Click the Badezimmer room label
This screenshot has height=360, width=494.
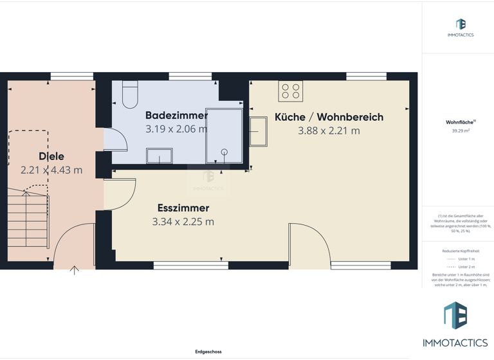pyautogui.click(x=176, y=116)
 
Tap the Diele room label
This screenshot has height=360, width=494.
pyautogui.click(x=51, y=156)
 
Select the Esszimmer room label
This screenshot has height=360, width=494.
pyautogui.click(x=183, y=208)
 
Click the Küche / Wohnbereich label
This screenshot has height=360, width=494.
pyautogui.click(x=329, y=117)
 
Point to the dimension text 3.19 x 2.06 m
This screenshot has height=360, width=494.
pyautogui.click(x=176, y=129)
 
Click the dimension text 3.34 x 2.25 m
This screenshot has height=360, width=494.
pyautogui.click(x=183, y=222)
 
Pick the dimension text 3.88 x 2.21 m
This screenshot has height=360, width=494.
pyautogui.click(x=329, y=130)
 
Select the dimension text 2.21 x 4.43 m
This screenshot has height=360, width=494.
pyautogui.click(x=51, y=170)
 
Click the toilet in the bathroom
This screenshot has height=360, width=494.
pyautogui.click(x=130, y=95)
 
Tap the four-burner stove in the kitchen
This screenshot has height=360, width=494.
pyautogui.click(x=291, y=91)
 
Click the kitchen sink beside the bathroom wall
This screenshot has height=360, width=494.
pyautogui.click(x=259, y=131)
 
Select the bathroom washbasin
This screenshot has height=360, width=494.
pyautogui.click(x=159, y=156)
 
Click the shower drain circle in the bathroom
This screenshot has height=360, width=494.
pyautogui.click(x=224, y=152)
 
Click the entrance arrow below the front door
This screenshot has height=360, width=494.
pyautogui.click(x=74, y=271)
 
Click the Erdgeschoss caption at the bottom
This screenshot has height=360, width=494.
pyautogui.click(x=208, y=352)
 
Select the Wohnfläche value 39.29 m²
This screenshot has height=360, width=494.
pyautogui.click(x=461, y=130)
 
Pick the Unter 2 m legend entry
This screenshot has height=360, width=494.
pyautogui.click(x=461, y=267)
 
